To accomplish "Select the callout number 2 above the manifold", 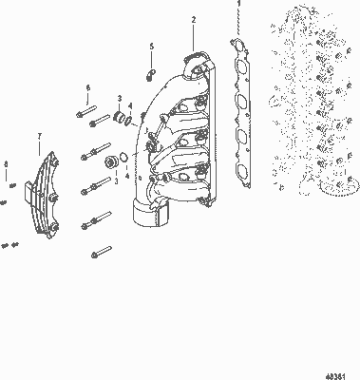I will pyautogui.click(x=194, y=19).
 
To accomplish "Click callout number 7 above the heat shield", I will pyautogui.click(x=39, y=137).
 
